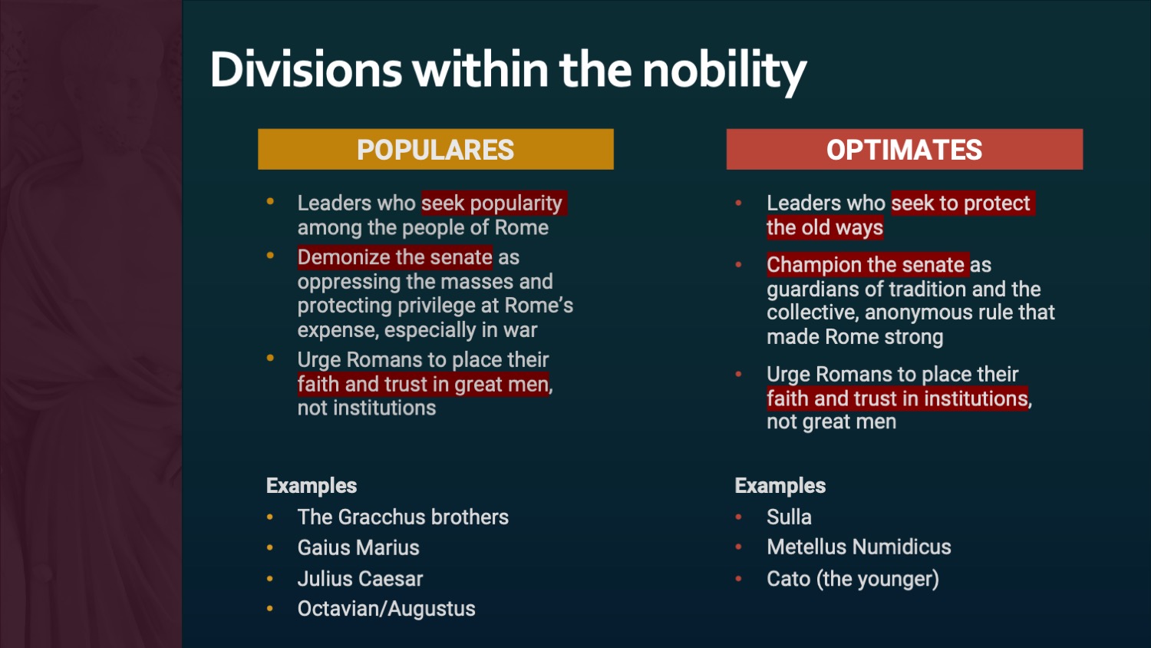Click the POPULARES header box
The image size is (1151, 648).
(436, 149)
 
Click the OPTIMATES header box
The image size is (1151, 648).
(905, 149)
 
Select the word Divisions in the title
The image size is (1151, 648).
(306, 69)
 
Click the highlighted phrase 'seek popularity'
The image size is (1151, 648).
(494, 203)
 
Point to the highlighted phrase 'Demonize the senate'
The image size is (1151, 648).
(394, 257)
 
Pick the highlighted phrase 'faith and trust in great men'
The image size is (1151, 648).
(423, 384)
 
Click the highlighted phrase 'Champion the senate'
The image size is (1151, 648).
(867, 265)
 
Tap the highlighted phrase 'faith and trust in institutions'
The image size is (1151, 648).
(897, 398)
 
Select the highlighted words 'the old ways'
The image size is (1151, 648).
(825, 228)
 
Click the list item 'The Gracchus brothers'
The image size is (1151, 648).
(403, 517)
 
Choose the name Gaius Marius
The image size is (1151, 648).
(358, 547)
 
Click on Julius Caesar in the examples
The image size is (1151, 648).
(360, 579)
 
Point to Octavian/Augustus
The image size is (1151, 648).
(387, 609)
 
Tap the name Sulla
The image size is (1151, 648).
(789, 517)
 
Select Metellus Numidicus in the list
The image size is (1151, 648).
(859, 547)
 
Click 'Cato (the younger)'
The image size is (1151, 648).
(853, 579)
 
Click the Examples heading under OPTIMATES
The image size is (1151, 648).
(780, 485)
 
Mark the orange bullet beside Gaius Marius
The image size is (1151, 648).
(270, 547)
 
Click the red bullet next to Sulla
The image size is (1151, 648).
(738, 517)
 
